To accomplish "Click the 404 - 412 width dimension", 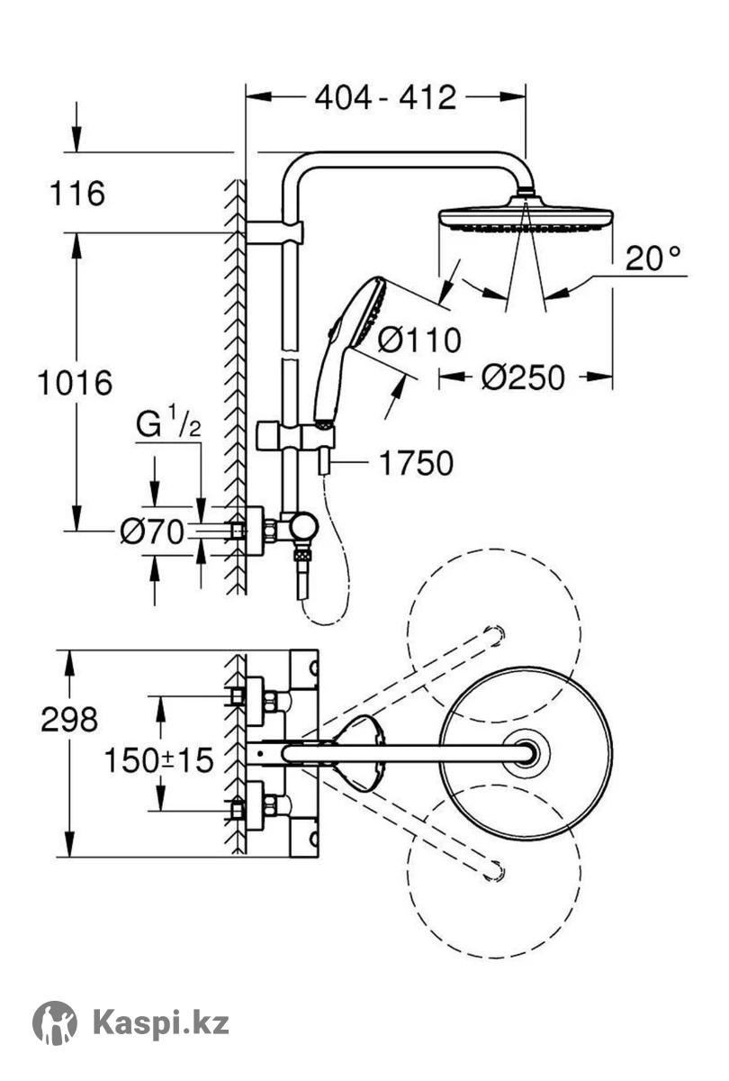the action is [x=385, y=97].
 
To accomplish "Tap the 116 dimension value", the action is [x=77, y=194].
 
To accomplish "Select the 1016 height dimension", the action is [x=76, y=383].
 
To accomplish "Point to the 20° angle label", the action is [x=652, y=259].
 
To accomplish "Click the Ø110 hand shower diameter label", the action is [x=419, y=340].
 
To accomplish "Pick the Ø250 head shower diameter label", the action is [x=523, y=377].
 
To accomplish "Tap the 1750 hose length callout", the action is [x=416, y=463].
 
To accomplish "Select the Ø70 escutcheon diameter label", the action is [x=152, y=531].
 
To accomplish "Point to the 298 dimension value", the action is [x=69, y=720].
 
